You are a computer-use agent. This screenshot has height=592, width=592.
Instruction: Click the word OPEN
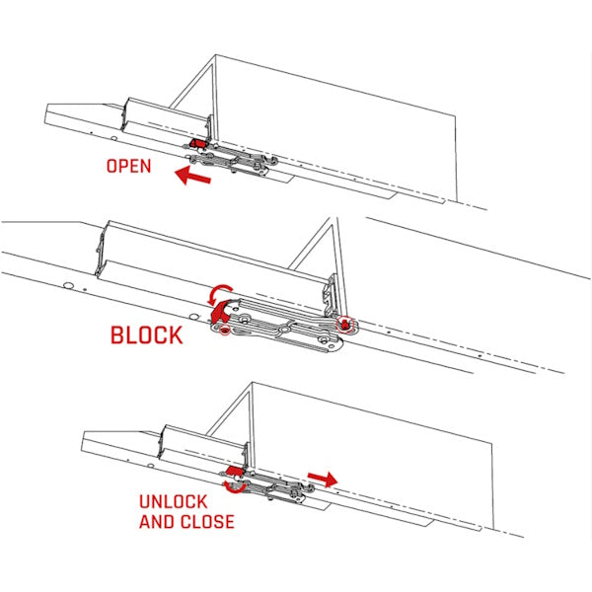pos(128,166)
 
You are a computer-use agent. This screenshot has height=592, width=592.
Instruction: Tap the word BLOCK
pos(146,334)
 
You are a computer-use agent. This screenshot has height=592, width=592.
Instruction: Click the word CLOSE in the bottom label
pos(205,521)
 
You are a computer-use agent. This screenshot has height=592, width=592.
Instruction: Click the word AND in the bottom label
pos(156,521)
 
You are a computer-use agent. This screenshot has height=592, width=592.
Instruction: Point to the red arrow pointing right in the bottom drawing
pos(322,479)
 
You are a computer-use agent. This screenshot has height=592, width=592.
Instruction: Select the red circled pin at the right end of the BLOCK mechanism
pos(343,323)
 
